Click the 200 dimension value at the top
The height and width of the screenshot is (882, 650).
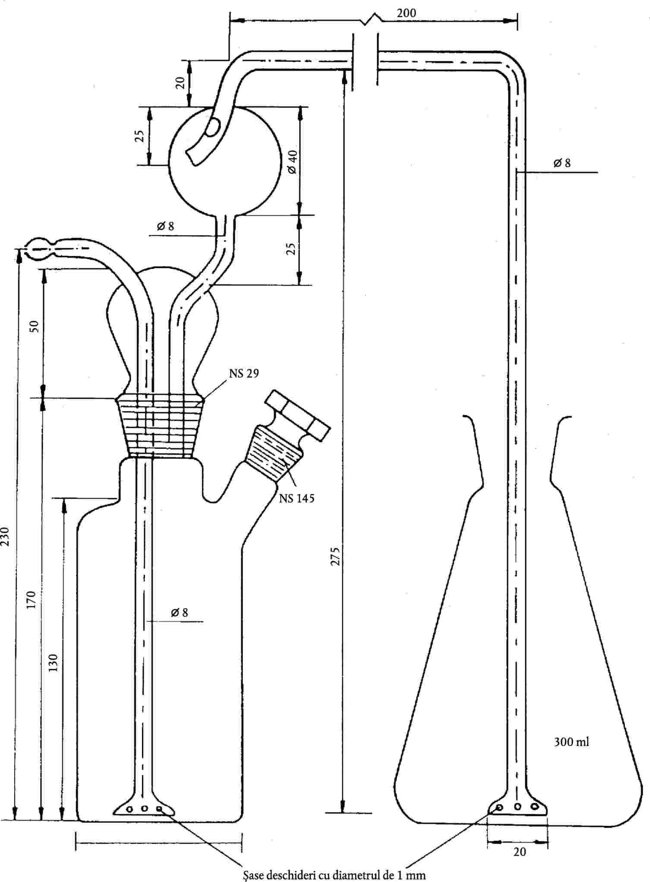point(407,13)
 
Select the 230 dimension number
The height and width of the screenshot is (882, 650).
point(6,536)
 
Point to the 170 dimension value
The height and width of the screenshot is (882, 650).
point(31,600)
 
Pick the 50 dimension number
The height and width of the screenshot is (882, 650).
point(35,326)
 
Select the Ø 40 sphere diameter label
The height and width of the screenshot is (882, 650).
point(292,161)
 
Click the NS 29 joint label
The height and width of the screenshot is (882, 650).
point(244,373)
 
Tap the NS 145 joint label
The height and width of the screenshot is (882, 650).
point(297,498)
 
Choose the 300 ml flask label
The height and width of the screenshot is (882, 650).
point(571,742)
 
